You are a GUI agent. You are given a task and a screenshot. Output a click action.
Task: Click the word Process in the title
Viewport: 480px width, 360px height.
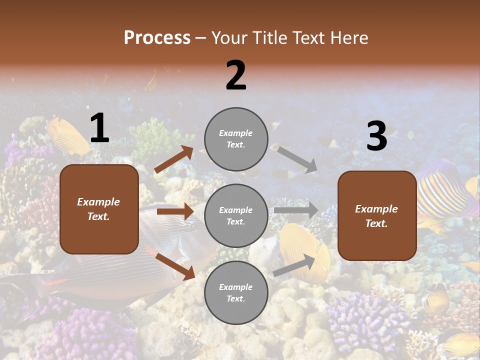[x=157, y=37]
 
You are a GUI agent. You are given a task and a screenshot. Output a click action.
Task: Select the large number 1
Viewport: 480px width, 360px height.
[x=99, y=128]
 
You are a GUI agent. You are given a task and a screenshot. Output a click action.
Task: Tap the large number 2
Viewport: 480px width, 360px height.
[x=236, y=75]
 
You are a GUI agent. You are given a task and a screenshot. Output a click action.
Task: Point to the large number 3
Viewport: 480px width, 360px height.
[x=376, y=136]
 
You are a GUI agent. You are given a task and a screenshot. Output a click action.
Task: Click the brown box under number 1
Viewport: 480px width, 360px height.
[x=99, y=209]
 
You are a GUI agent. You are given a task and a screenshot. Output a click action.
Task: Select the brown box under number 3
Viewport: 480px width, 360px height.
[x=377, y=215]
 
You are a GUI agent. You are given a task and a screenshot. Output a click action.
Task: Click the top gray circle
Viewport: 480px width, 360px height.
[x=236, y=139]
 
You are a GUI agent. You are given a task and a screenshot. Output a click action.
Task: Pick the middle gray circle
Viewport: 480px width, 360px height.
[x=236, y=215]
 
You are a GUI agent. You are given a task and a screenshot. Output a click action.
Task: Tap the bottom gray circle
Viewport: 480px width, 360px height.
[x=236, y=292]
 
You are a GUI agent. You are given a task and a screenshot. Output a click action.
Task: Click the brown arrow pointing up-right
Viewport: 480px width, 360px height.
[x=173, y=159]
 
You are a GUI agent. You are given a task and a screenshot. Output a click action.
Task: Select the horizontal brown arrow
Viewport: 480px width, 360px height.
[x=175, y=211]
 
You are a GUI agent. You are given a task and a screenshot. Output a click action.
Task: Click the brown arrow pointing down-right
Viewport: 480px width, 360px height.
[x=175, y=266]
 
